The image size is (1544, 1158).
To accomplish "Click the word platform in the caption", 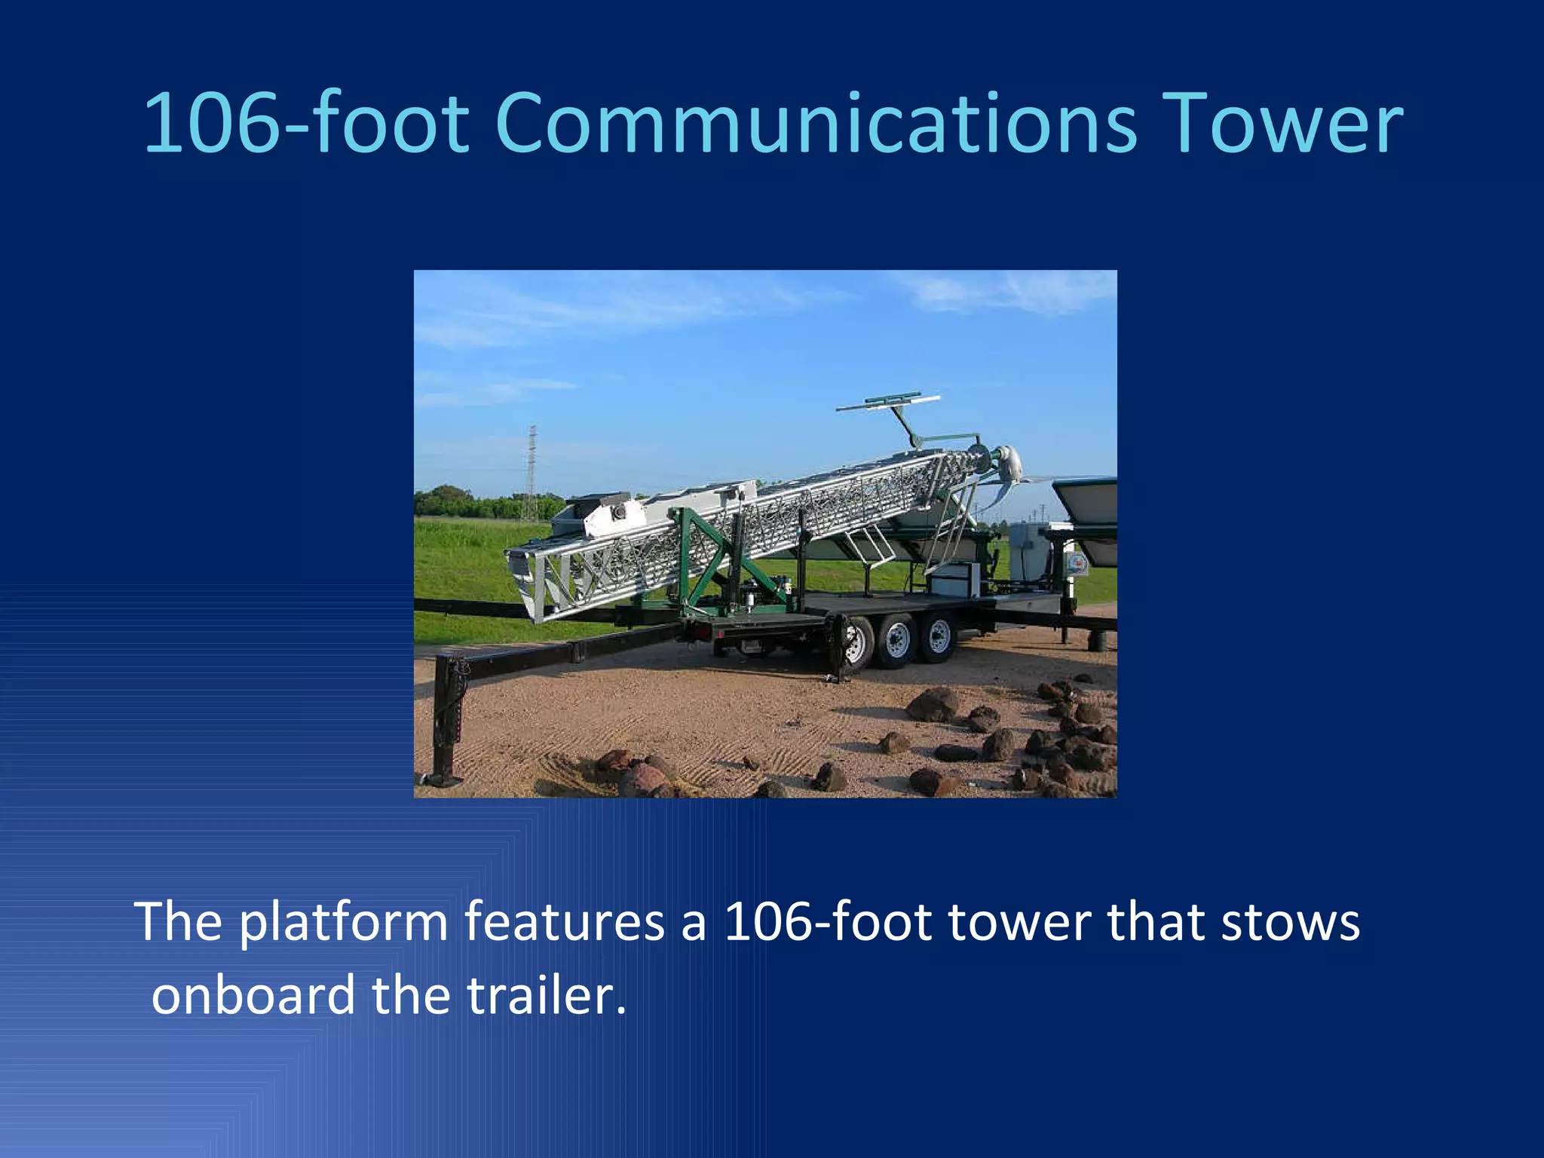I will tap(344, 922).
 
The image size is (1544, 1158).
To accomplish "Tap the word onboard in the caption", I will tap(253, 995).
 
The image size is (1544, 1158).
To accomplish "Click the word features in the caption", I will tap(564, 922).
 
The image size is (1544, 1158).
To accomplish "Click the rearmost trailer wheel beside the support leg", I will tap(856, 645).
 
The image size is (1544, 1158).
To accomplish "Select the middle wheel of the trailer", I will tap(896, 642).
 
